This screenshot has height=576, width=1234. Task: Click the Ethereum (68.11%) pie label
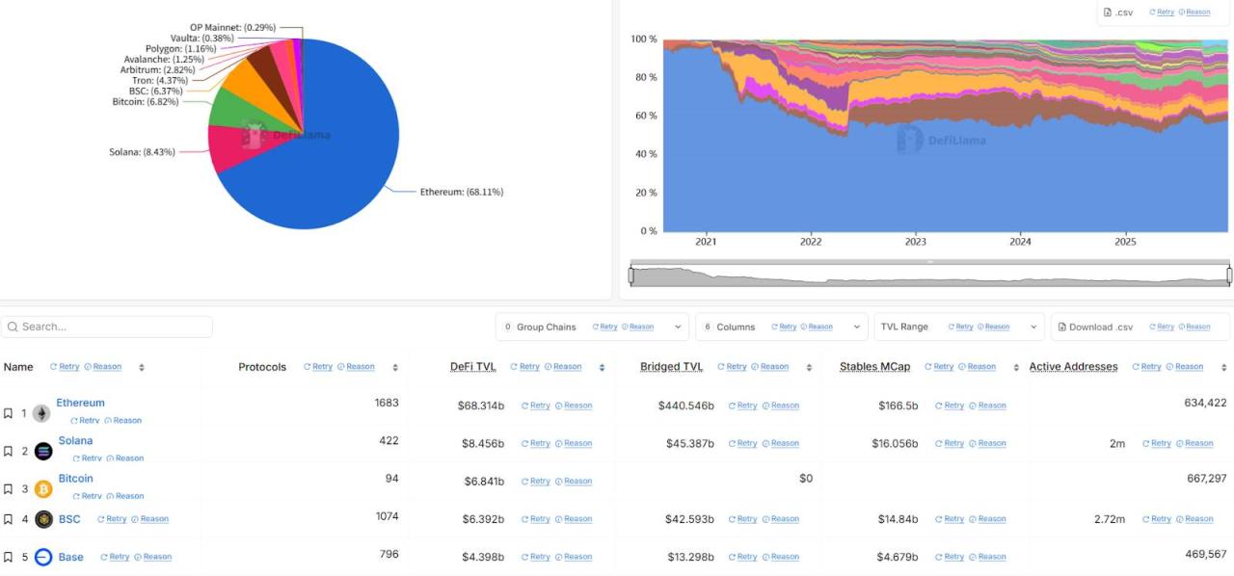click(x=461, y=192)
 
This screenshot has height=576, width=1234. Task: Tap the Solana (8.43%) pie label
click(x=142, y=152)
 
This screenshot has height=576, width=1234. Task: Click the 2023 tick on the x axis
click(x=915, y=242)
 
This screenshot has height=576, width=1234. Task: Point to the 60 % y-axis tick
click(x=644, y=116)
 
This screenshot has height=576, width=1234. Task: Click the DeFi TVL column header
click(x=472, y=367)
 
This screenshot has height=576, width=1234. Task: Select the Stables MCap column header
click(x=874, y=367)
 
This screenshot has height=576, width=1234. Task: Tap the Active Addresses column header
click(x=1073, y=367)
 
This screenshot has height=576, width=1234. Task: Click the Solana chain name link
click(x=75, y=441)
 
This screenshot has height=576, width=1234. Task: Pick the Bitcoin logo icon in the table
click(x=43, y=489)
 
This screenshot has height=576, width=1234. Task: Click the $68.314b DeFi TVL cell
click(x=480, y=406)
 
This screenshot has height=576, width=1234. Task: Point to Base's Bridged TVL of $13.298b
click(x=690, y=557)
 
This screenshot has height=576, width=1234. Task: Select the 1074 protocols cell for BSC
click(x=387, y=516)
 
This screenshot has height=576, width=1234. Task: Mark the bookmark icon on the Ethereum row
click(x=8, y=413)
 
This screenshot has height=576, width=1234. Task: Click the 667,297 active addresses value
click(x=1206, y=479)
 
